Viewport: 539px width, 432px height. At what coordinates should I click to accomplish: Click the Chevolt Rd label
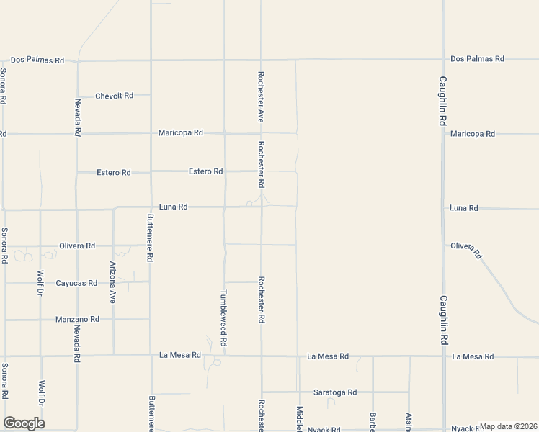coord(115,96)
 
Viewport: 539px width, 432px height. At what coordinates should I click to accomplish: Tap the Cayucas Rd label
coord(76,284)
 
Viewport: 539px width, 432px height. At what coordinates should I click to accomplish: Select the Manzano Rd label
coord(77,319)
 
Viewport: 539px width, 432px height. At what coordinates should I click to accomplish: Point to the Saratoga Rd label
coord(335,392)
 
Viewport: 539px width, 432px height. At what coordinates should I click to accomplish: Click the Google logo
coord(24,423)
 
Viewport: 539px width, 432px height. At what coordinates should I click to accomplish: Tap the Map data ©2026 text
coord(508,426)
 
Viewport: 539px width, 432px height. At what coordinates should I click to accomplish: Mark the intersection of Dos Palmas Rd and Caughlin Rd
coord(442,58)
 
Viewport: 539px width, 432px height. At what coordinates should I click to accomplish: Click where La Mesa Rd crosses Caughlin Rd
coord(443,356)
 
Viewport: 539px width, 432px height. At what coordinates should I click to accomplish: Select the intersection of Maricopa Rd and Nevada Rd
coord(77,134)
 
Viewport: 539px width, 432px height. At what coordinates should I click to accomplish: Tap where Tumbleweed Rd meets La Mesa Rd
coord(225,355)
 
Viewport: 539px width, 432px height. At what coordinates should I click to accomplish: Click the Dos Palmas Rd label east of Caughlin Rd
coord(476,59)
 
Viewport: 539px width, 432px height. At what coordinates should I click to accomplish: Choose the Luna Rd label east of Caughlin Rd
coord(463,208)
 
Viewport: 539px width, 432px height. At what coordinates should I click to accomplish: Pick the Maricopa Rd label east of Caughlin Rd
coord(472,134)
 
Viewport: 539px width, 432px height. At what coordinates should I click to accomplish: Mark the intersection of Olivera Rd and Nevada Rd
coord(77,246)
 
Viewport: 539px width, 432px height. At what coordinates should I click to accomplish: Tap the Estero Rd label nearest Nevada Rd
coord(114,173)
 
